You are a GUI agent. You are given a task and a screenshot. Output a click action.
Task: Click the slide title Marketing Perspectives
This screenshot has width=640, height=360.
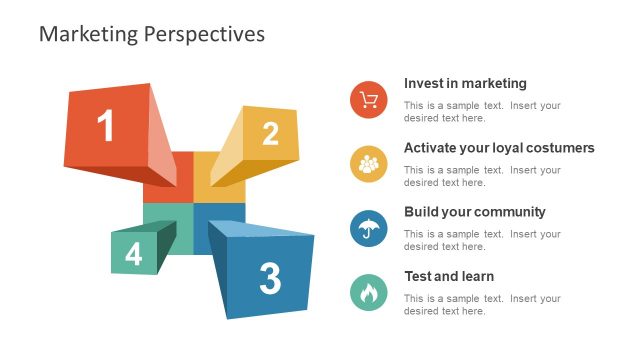coord(151,34)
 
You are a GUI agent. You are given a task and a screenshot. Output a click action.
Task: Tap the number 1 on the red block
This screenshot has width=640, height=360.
coord(105,127)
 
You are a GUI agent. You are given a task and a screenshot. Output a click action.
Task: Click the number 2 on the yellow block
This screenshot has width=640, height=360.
coord(270,134)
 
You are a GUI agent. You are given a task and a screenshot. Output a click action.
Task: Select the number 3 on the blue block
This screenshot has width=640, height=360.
coord(270,279)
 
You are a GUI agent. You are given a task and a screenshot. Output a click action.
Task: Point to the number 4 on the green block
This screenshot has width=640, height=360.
coord(133,255)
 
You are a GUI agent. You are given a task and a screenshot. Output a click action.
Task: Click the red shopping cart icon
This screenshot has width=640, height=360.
coord(369,99)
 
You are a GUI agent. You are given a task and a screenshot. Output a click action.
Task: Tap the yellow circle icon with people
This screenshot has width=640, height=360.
coord(369,163)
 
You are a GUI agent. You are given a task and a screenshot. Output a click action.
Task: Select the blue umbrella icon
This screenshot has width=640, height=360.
coord(369,228)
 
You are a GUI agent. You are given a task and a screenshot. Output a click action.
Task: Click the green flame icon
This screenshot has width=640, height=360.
coord(369,293)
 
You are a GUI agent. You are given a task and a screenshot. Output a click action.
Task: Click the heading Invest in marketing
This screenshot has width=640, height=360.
coord(465,84)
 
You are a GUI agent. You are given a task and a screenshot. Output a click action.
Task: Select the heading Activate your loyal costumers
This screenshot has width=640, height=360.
coord(499,148)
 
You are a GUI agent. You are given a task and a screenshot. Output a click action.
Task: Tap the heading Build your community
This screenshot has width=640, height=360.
coord(474,212)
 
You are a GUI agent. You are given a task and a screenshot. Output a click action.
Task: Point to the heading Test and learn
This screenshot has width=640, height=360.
coord(449,276)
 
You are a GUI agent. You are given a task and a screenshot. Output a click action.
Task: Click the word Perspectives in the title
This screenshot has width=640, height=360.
coord(205,34)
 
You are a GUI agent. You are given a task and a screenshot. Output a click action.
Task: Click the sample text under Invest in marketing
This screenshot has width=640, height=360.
coord(482,112)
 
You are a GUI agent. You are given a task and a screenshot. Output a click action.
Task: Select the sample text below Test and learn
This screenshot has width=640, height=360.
coord(482,305)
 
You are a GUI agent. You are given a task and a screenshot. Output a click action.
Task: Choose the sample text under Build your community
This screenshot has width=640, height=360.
coord(482,240)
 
